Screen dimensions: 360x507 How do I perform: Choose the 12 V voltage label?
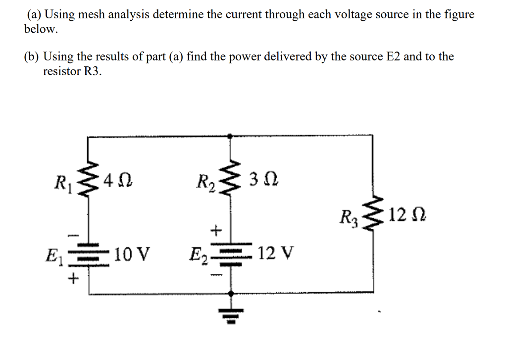[276, 254]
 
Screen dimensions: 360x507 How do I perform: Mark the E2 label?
[197, 257]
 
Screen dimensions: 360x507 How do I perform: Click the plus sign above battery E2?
[216, 229]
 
